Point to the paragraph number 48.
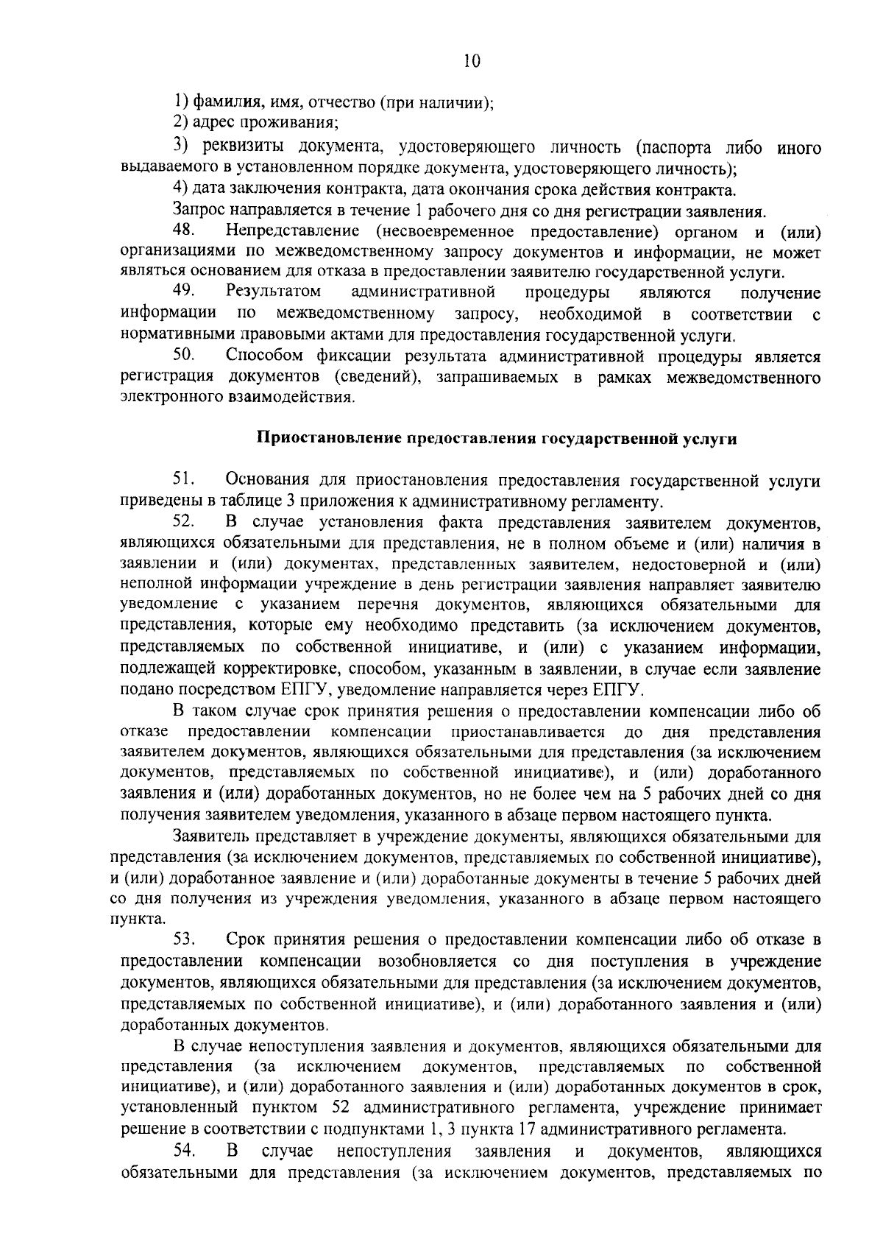click(183, 231)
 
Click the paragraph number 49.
click(183, 293)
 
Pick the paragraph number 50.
click(183, 356)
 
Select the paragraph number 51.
click(183, 481)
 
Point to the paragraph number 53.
click(184, 940)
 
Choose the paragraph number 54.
click(184, 1151)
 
